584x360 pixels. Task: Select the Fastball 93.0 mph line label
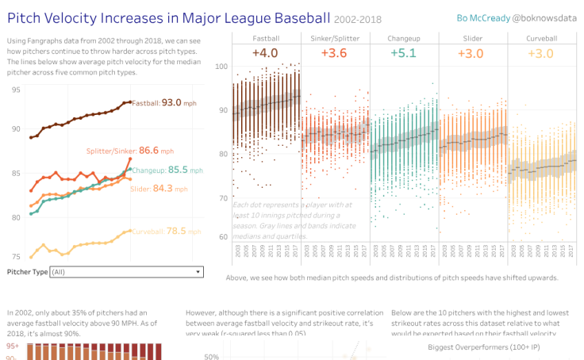point(167,102)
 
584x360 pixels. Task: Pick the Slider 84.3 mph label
point(153,188)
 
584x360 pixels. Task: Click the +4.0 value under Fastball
point(264,52)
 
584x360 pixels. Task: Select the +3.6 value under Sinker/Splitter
point(334,52)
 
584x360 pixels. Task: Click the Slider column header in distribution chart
point(473,38)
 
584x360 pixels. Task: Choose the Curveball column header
point(543,38)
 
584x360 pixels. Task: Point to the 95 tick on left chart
point(16,90)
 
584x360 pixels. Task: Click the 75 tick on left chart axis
point(16,256)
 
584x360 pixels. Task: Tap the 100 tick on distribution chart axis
point(221,67)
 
